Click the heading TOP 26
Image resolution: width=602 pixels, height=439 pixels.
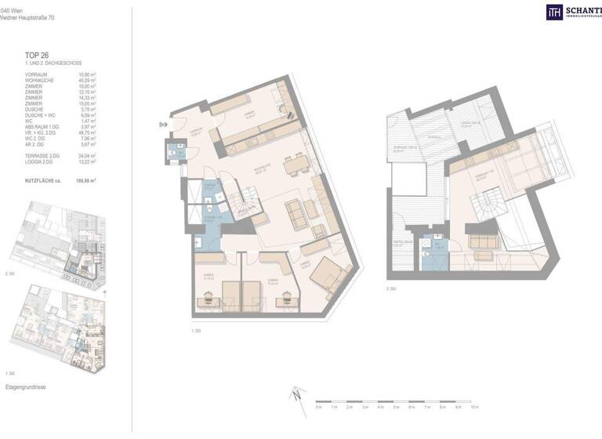tap(37, 55)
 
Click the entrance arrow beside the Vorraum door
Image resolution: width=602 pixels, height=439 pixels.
tap(162, 123)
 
